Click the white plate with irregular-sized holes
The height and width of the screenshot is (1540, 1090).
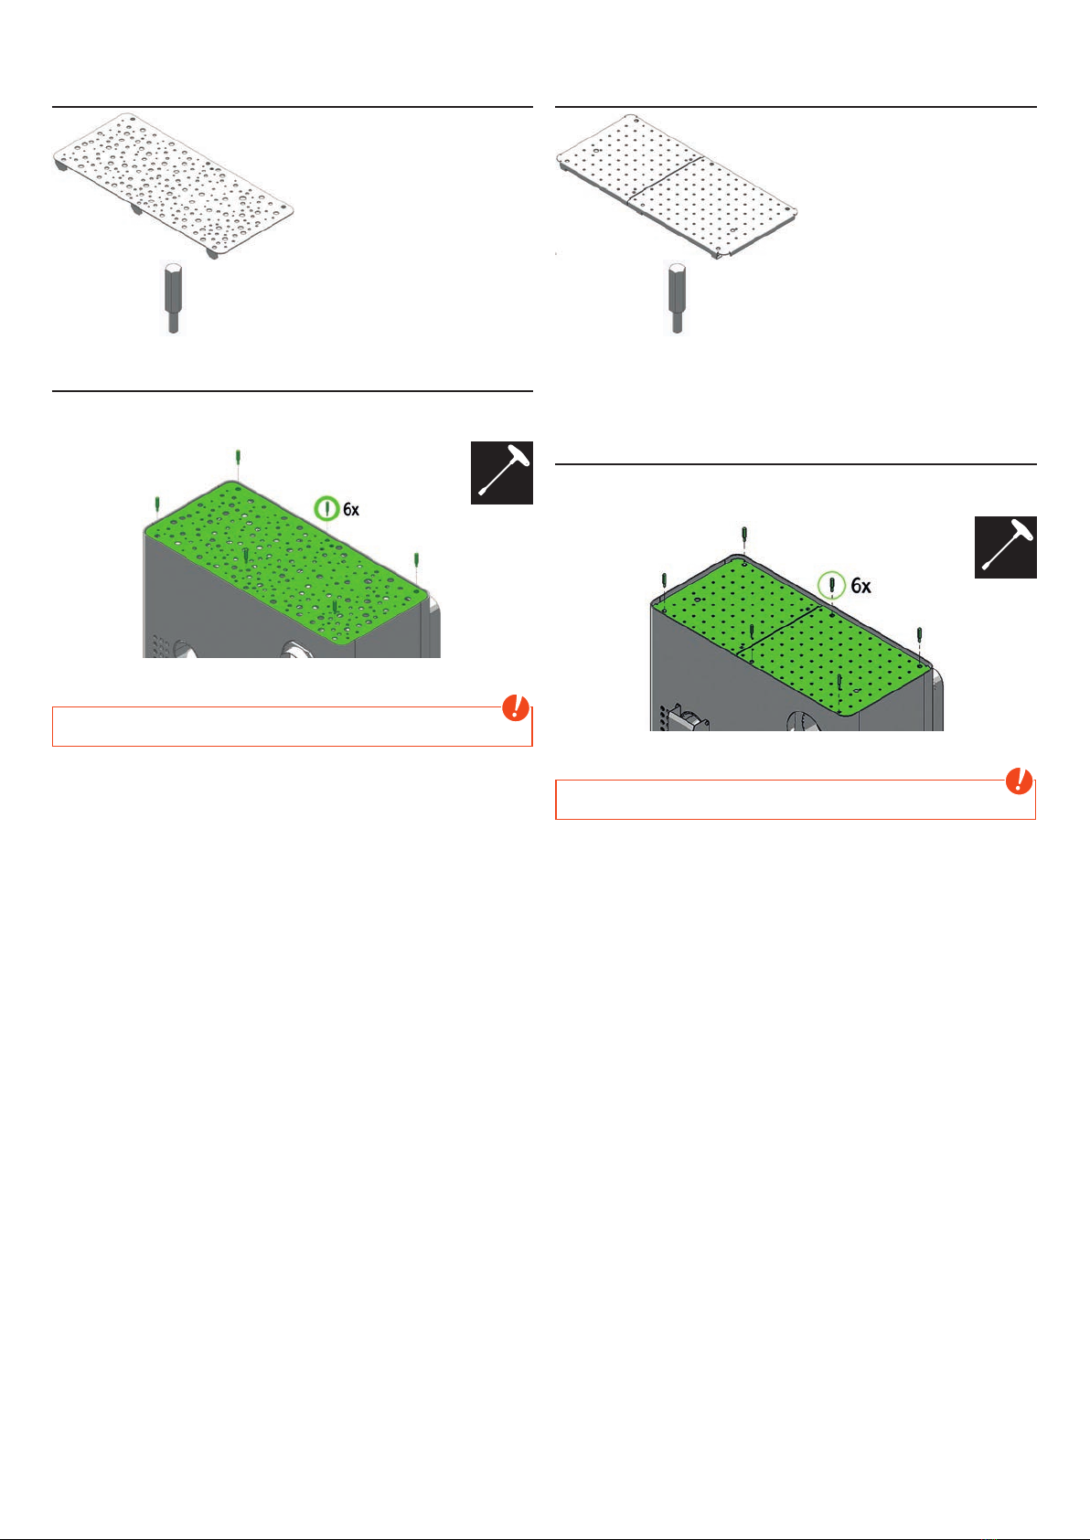(x=174, y=186)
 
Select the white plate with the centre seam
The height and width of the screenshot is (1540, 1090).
(x=677, y=186)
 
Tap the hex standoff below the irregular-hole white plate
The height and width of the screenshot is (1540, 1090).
(x=174, y=298)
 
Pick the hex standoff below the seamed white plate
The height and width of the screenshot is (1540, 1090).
(x=677, y=298)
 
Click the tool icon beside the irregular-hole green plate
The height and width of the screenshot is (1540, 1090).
(x=501, y=473)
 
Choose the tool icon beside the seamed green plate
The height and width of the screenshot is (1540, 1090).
(x=1005, y=547)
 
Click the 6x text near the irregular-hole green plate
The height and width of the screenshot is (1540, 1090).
(x=351, y=509)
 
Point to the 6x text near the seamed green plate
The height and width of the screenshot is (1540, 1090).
(x=861, y=586)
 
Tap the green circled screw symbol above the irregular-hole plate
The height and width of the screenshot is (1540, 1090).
(x=326, y=509)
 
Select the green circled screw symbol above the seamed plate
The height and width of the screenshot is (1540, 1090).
(x=832, y=585)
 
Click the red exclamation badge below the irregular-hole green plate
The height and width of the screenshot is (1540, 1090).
(x=515, y=707)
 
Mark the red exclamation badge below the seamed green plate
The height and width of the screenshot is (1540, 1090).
(x=1019, y=781)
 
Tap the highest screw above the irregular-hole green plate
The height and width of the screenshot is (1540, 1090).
(x=238, y=458)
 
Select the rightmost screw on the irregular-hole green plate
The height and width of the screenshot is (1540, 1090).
(x=416, y=561)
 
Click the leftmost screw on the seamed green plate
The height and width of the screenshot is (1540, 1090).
(x=664, y=581)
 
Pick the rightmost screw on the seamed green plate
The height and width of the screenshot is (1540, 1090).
(x=919, y=635)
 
